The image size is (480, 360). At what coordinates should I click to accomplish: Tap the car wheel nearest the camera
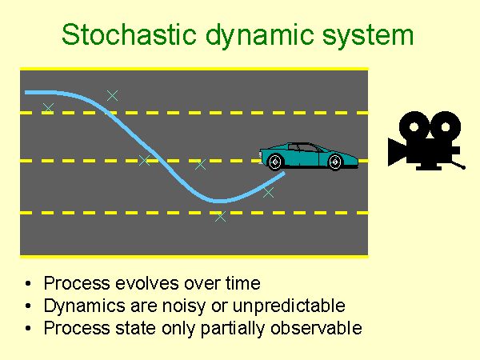pyautogui.click(x=334, y=162)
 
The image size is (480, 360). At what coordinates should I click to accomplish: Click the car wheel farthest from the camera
pyautogui.click(x=275, y=162)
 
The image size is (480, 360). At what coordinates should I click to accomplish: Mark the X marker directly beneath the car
pyautogui.click(x=268, y=192)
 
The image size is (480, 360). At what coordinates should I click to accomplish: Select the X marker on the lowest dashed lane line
pyautogui.click(x=221, y=216)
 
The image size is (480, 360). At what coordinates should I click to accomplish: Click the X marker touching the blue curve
pyautogui.click(x=143, y=160)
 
